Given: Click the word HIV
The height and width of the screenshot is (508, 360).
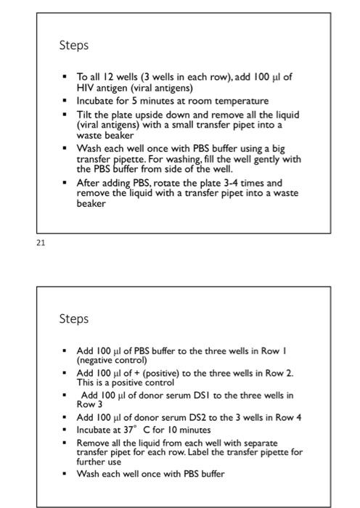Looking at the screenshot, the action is pos(85,88).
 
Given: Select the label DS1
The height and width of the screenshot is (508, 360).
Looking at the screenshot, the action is pos(185,396).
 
